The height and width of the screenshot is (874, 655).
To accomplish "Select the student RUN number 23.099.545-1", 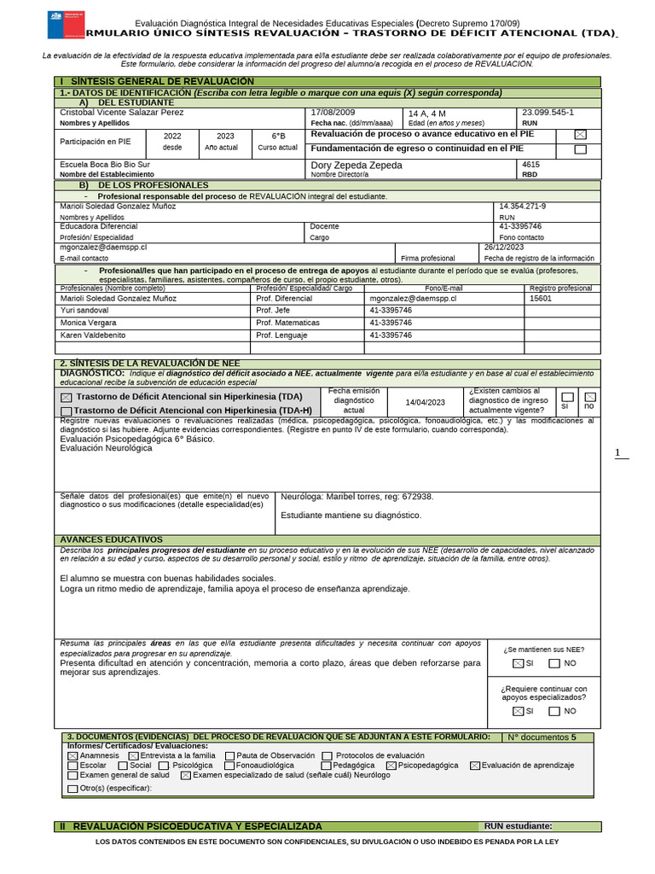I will tap(547, 113).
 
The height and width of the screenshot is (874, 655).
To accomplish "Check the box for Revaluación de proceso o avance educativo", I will tap(581, 135).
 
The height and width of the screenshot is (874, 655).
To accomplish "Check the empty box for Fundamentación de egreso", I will tap(581, 149).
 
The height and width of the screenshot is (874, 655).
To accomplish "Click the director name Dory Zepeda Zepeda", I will tap(356, 165).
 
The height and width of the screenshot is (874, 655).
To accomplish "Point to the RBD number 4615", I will tap(530, 164).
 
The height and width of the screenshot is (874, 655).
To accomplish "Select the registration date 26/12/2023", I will tap(506, 246).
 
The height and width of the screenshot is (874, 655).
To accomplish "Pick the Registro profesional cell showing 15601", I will tap(541, 299).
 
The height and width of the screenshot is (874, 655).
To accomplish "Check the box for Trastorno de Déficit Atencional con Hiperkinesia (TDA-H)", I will tap(67, 411).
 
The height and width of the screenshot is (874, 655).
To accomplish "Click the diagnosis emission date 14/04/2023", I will tap(425, 402).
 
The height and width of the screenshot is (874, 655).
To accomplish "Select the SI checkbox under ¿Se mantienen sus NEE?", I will tap(518, 663).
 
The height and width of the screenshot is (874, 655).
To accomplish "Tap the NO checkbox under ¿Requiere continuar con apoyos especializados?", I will tap(554, 711).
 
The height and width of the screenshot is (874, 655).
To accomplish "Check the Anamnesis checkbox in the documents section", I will tap(72, 755).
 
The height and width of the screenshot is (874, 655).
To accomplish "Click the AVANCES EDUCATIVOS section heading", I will tap(111, 539).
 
